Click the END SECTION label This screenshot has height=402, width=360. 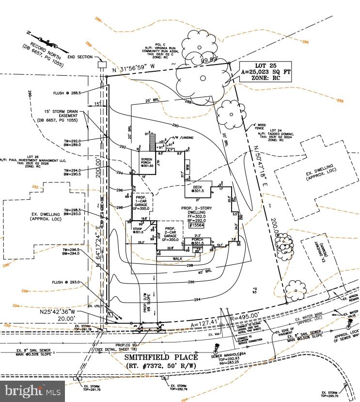click(x=80, y=57)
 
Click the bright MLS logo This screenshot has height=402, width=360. click(x=33, y=390)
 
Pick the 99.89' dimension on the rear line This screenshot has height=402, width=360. click(x=209, y=60)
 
